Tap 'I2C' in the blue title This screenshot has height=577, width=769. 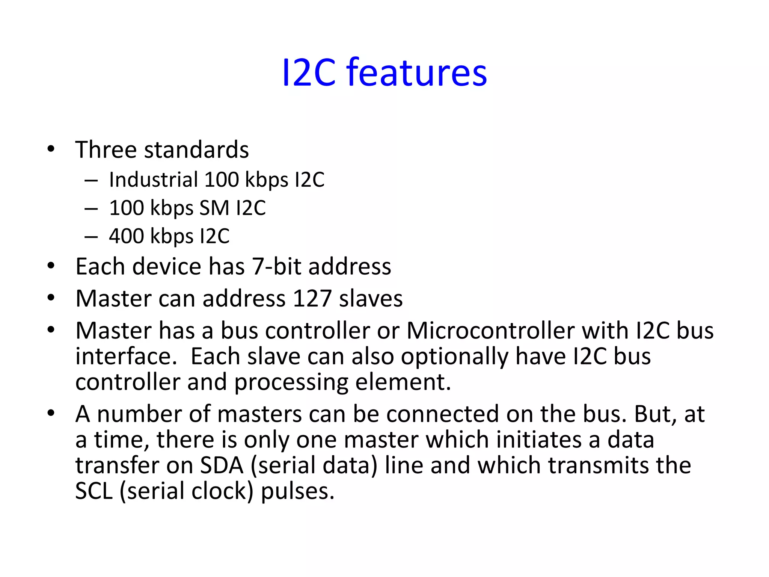[x=308, y=73]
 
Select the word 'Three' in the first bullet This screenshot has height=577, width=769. [x=106, y=150]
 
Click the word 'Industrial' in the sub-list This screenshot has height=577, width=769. [x=153, y=180]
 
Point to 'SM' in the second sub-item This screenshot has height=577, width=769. [x=214, y=208]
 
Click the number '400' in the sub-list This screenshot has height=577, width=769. [x=126, y=236]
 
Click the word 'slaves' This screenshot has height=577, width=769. [x=371, y=299]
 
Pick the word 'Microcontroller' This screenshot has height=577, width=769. [x=490, y=331]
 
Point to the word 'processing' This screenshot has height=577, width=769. [x=291, y=382]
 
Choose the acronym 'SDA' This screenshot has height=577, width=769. [x=222, y=465]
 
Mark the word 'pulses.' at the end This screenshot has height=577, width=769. [x=297, y=491]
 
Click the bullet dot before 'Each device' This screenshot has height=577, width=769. [x=51, y=266]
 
